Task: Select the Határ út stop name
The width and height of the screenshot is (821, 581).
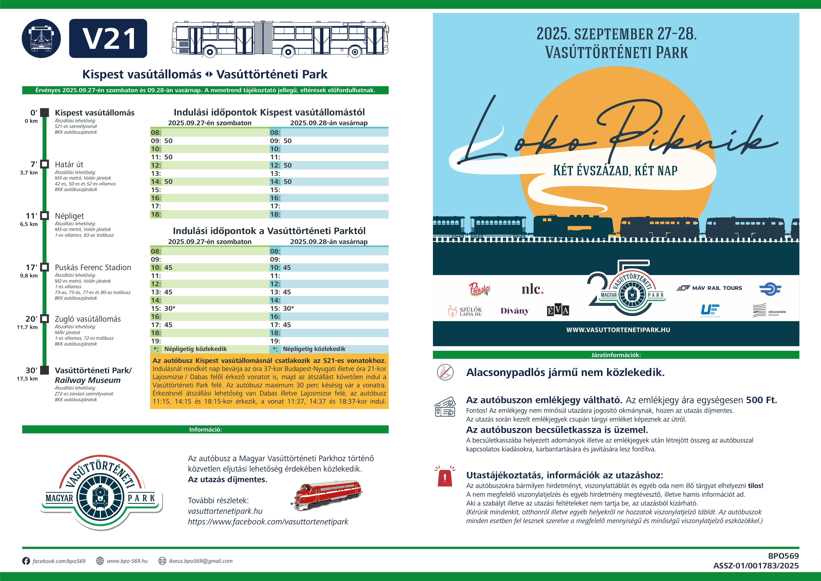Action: tap(69, 165)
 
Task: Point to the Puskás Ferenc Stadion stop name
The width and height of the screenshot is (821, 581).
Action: tap(93, 268)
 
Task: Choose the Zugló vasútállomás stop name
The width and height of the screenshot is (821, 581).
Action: tap(88, 319)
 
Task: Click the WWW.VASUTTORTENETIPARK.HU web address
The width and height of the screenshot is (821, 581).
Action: tap(618, 330)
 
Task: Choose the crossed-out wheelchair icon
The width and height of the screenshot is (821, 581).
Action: tap(445, 372)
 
